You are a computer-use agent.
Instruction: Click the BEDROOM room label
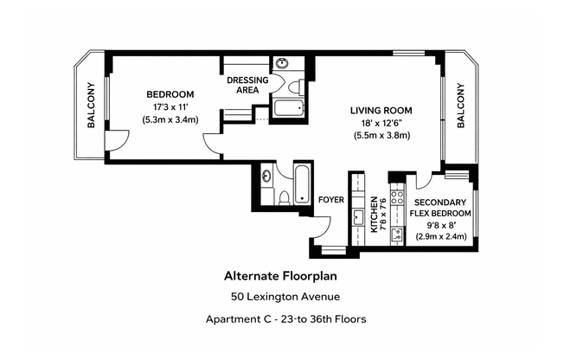click(170, 94)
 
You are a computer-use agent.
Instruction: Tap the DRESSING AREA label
click(247, 85)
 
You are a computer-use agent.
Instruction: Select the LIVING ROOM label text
click(381, 111)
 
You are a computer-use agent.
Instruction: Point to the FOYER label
click(331, 199)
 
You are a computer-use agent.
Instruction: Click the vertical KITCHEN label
click(374, 215)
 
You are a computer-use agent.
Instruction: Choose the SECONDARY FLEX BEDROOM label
click(440, 208)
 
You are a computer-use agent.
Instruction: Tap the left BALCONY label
click(92, 105)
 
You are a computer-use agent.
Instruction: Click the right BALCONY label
click(461, 106)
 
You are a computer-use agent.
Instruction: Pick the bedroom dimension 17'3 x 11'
click(170, 107)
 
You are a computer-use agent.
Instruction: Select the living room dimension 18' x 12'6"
click(381, 123)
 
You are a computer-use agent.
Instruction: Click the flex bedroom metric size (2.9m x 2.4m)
click(441, 236)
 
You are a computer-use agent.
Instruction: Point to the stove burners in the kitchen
click(397, 197)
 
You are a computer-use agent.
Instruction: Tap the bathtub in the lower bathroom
click(302, 184)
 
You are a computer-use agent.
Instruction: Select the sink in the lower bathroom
click(267, 176)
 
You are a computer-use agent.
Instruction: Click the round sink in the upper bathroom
click(282, 64)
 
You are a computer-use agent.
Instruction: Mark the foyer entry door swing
click(321, 227)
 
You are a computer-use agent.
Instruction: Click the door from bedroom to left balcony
click(117, 140)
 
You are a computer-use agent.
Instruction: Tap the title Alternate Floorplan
click(280, 276)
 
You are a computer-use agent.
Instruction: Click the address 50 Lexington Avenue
click(285, 297)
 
